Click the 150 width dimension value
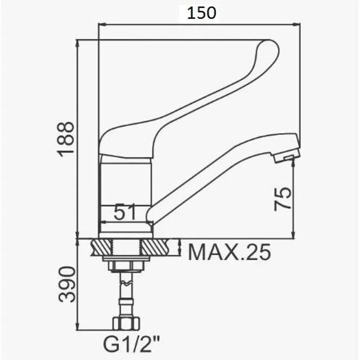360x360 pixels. (x=201, y=13)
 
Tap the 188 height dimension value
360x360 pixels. (x=67, y=139)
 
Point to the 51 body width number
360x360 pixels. (x=125, y=212)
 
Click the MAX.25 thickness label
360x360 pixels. (x=229, y=252)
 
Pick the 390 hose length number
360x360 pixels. (x=67, y=284)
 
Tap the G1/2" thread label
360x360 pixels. (x=131, y=344)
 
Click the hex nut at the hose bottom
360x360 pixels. (x=126, y=323)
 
